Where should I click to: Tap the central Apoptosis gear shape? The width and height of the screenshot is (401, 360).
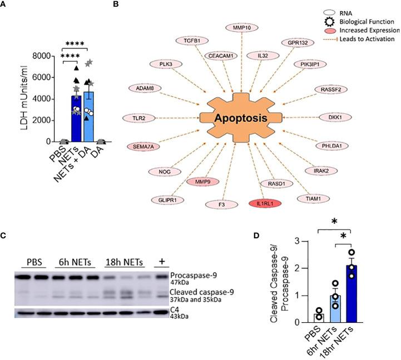click(249, 118)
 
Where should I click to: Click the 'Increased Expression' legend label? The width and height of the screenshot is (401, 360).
click(364, 30)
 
